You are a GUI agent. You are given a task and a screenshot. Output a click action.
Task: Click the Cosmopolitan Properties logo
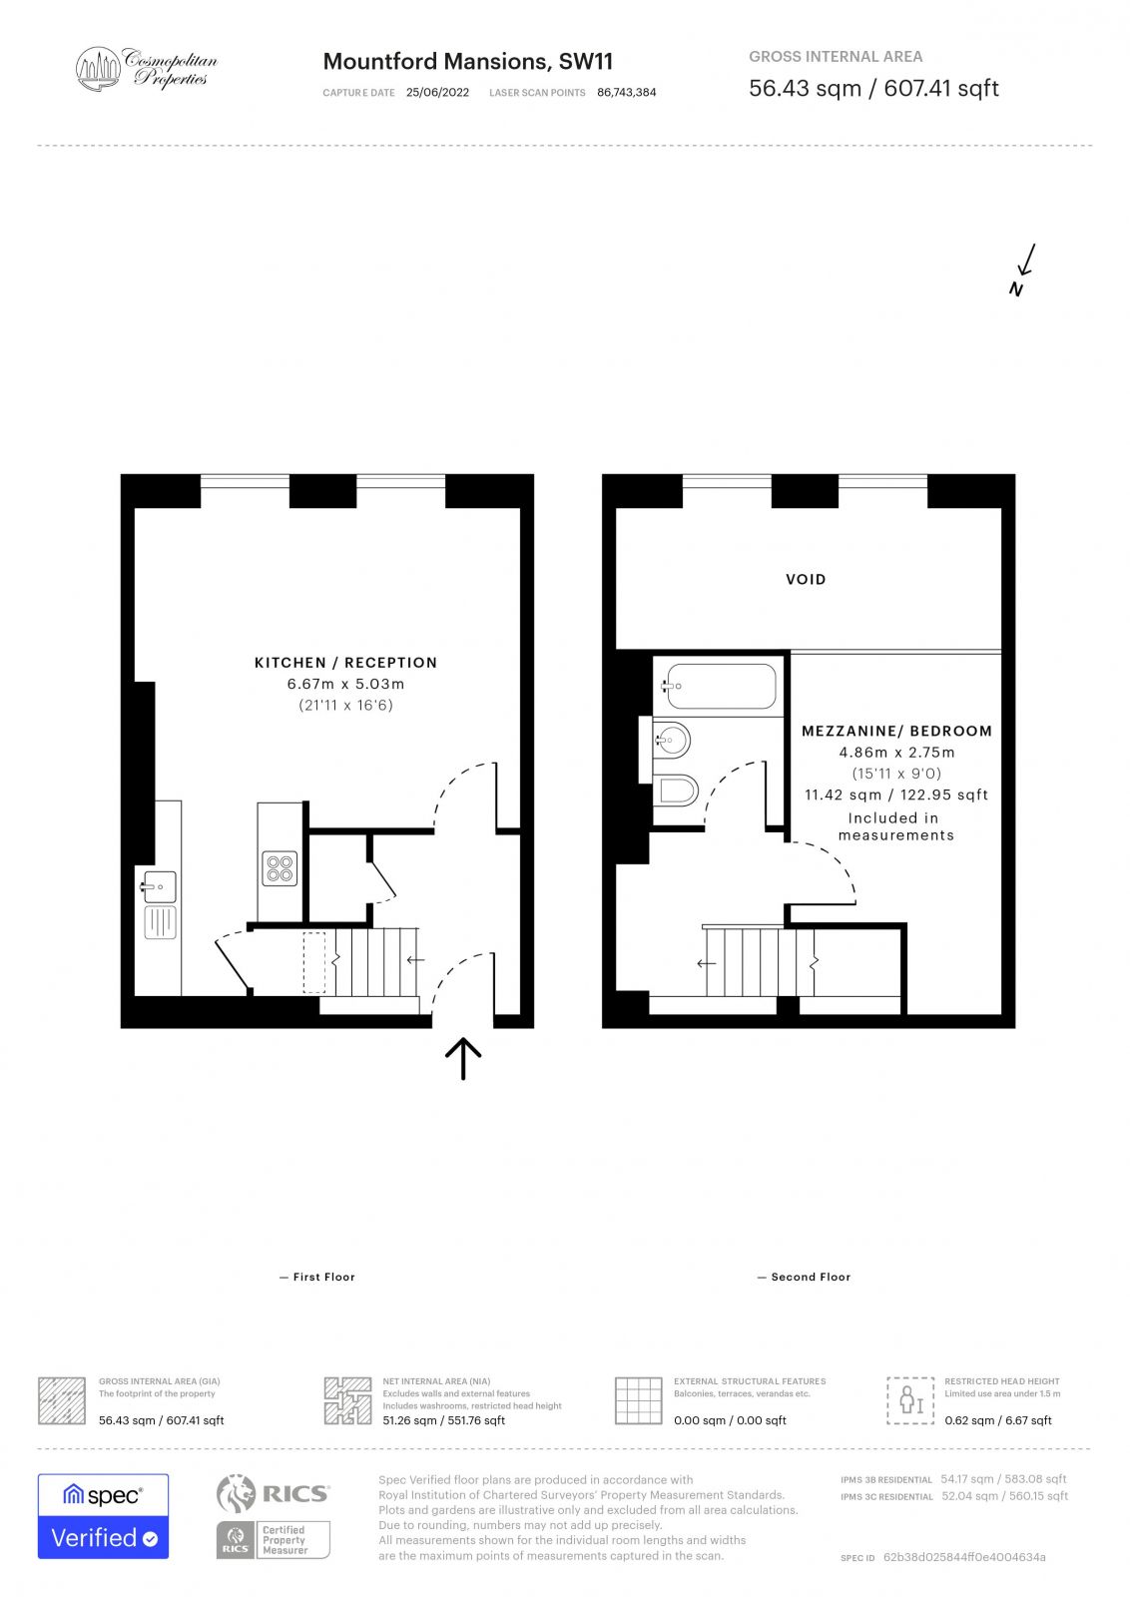pos(146,69)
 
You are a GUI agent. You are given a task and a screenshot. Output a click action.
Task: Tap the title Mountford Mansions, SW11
pos(467,62)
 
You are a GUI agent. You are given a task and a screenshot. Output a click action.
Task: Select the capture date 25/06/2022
pos(437,93)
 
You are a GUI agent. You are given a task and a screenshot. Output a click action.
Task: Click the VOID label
pos(806,579)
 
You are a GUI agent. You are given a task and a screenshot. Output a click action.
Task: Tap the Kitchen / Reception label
pos(345,663)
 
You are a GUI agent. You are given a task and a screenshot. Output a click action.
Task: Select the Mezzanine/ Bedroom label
pos(896,731)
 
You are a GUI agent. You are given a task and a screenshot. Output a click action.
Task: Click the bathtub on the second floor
pos(721,686)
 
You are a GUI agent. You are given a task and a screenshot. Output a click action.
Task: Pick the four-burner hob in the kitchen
pos(281,868)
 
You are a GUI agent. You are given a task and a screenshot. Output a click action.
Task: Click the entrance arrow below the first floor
pos(463,1058)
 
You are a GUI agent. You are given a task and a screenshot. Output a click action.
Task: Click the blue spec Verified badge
pos(103,1516)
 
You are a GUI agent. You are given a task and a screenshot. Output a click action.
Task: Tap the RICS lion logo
pos(237,1493)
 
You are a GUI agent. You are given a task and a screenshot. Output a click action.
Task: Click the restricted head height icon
pos(910,1399)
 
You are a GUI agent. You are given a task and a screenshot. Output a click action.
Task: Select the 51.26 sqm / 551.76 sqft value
pos(443,1420)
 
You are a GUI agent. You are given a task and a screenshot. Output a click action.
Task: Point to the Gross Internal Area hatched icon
pos(62,1400)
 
